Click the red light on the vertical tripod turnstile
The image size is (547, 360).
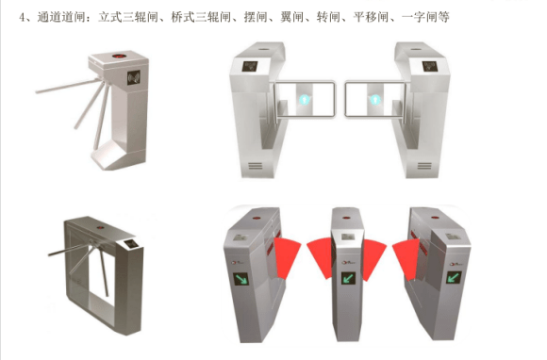120,56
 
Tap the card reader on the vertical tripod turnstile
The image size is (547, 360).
134,77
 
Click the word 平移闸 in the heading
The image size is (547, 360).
371,16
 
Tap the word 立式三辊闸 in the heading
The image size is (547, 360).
128,16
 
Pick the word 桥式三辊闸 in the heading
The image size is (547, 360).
201,16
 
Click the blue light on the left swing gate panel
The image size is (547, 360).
305,100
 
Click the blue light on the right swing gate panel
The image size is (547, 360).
375,100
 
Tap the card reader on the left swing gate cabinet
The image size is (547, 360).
250,66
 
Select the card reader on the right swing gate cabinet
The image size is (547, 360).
429,66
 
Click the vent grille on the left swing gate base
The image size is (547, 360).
255,166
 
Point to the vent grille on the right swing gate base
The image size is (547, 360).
424,166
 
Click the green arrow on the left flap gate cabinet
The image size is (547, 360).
240,279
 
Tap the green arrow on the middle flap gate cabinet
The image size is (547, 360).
347,278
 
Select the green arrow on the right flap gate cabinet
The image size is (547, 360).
454,278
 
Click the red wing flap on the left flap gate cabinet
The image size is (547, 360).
287,257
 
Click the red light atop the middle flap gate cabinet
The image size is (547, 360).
346,218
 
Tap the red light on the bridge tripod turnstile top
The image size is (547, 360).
101,227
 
